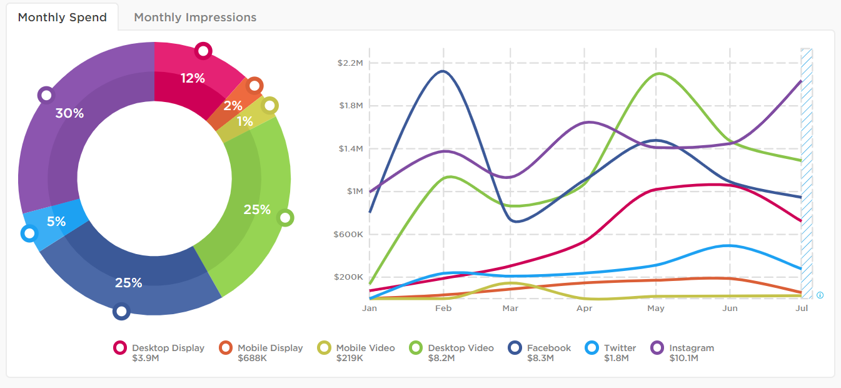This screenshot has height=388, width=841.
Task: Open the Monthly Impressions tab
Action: click(x=195, y=18)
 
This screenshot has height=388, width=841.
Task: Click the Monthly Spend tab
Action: click(x=63, y=18)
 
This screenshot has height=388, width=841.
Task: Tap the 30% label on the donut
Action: click(x=69, y=113)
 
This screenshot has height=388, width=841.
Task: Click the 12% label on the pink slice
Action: click(x=193, y=78)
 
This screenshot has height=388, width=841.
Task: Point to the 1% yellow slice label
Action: click(x=244, y=121)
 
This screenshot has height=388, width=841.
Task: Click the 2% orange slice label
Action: click(x=233, y=106)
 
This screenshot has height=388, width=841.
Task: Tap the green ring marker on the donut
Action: click(x=285, y=218)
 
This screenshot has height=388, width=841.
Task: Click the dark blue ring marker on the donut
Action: click(x=121, y=311)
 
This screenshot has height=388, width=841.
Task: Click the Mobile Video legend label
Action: click(x=365, y=348)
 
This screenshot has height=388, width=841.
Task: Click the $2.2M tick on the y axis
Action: click(x=350, y=63)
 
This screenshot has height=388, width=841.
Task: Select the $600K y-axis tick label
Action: click(x=349, y=235)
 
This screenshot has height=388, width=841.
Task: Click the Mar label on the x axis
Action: click(x=510, y=309)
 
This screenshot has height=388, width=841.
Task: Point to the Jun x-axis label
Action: click(x=730, y=309)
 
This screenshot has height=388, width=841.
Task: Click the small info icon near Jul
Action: click(x=820, y=295)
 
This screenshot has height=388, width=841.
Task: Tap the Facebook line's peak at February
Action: click(x=443, y=71)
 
